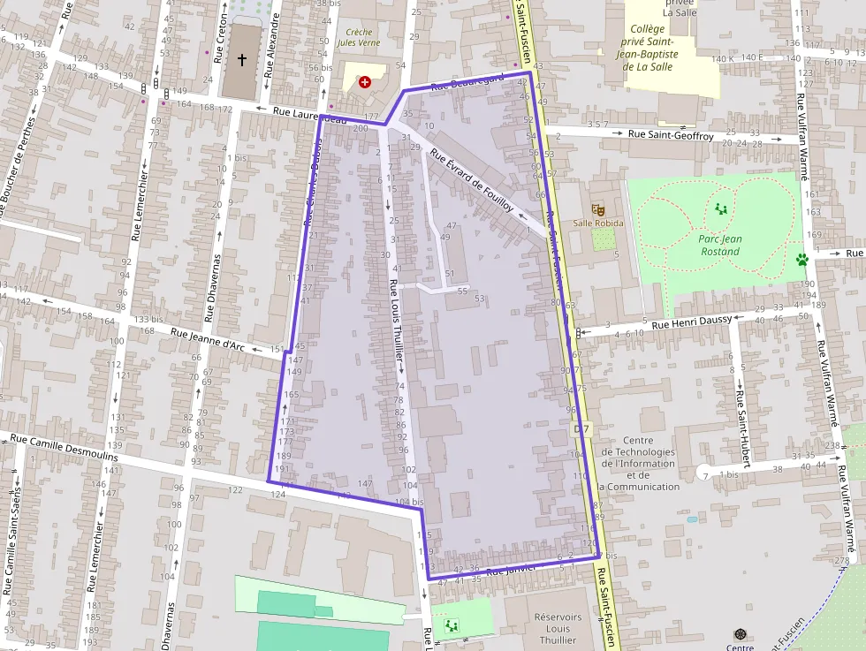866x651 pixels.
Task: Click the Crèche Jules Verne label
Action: [359, 38]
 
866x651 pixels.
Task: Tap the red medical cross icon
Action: [365, 82]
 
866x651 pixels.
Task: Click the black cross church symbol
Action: [242, 60]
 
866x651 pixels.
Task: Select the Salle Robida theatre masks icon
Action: [597, 209]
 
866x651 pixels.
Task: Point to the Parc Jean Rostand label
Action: [720, 245]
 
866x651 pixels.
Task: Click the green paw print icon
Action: [801, 260]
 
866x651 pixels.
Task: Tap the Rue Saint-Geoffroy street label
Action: [671, 135]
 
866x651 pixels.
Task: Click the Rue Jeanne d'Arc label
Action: [208, 340]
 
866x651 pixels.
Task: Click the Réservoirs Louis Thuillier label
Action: [558, 628]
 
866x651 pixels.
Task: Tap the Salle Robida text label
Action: [597, 223]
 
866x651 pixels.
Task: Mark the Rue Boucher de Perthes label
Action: [16, 168]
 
